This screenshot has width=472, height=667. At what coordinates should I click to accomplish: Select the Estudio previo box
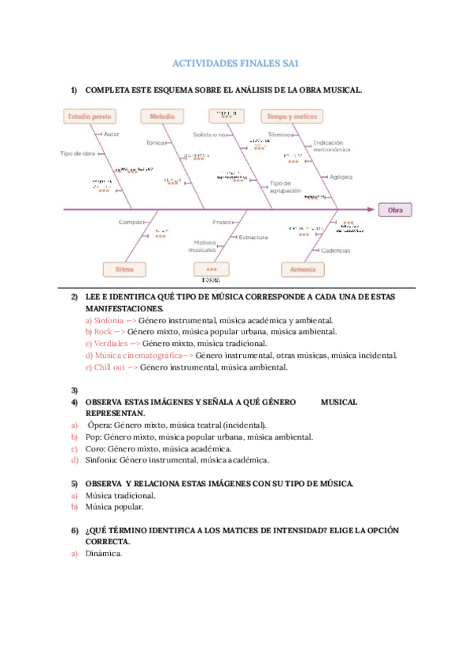90,116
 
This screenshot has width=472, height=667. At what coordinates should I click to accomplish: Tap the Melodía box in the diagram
162,116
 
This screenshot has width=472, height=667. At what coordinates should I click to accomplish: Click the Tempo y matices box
292,116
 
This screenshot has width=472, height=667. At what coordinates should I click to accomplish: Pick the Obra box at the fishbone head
395,210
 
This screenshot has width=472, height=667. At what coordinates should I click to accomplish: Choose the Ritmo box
125,269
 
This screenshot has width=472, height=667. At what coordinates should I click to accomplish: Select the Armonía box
302,269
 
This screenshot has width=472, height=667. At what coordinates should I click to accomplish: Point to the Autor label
111,135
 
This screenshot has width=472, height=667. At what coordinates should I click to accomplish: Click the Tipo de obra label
78,153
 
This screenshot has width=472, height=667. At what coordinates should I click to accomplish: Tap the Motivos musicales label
202,246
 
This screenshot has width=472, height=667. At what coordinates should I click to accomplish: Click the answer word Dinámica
104,554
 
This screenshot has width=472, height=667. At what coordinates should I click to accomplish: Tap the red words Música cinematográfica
132,355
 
